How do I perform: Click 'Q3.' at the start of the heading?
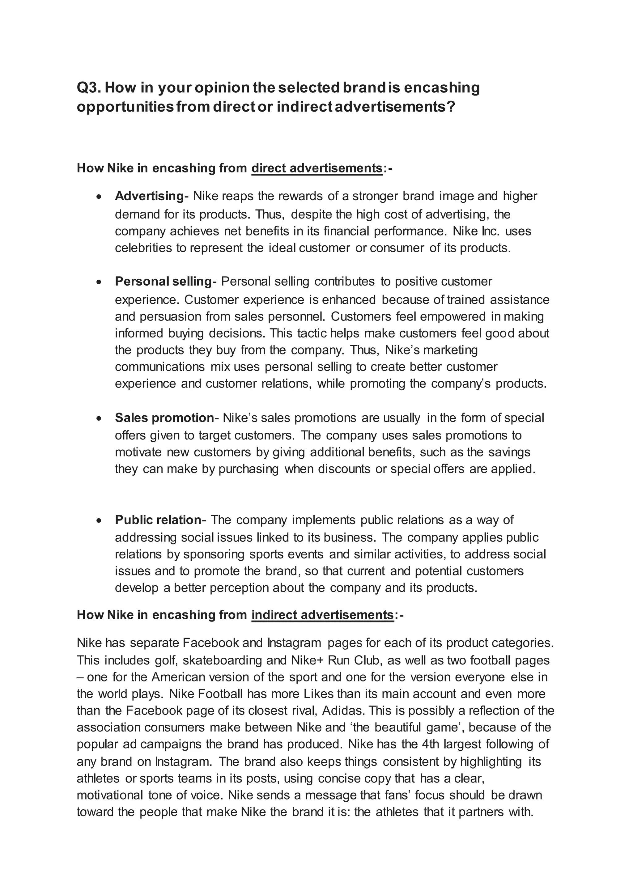89,88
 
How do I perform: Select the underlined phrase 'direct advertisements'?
317,168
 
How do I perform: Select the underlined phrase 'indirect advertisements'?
323,615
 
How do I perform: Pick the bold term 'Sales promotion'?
164,418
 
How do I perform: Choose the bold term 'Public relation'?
157,520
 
